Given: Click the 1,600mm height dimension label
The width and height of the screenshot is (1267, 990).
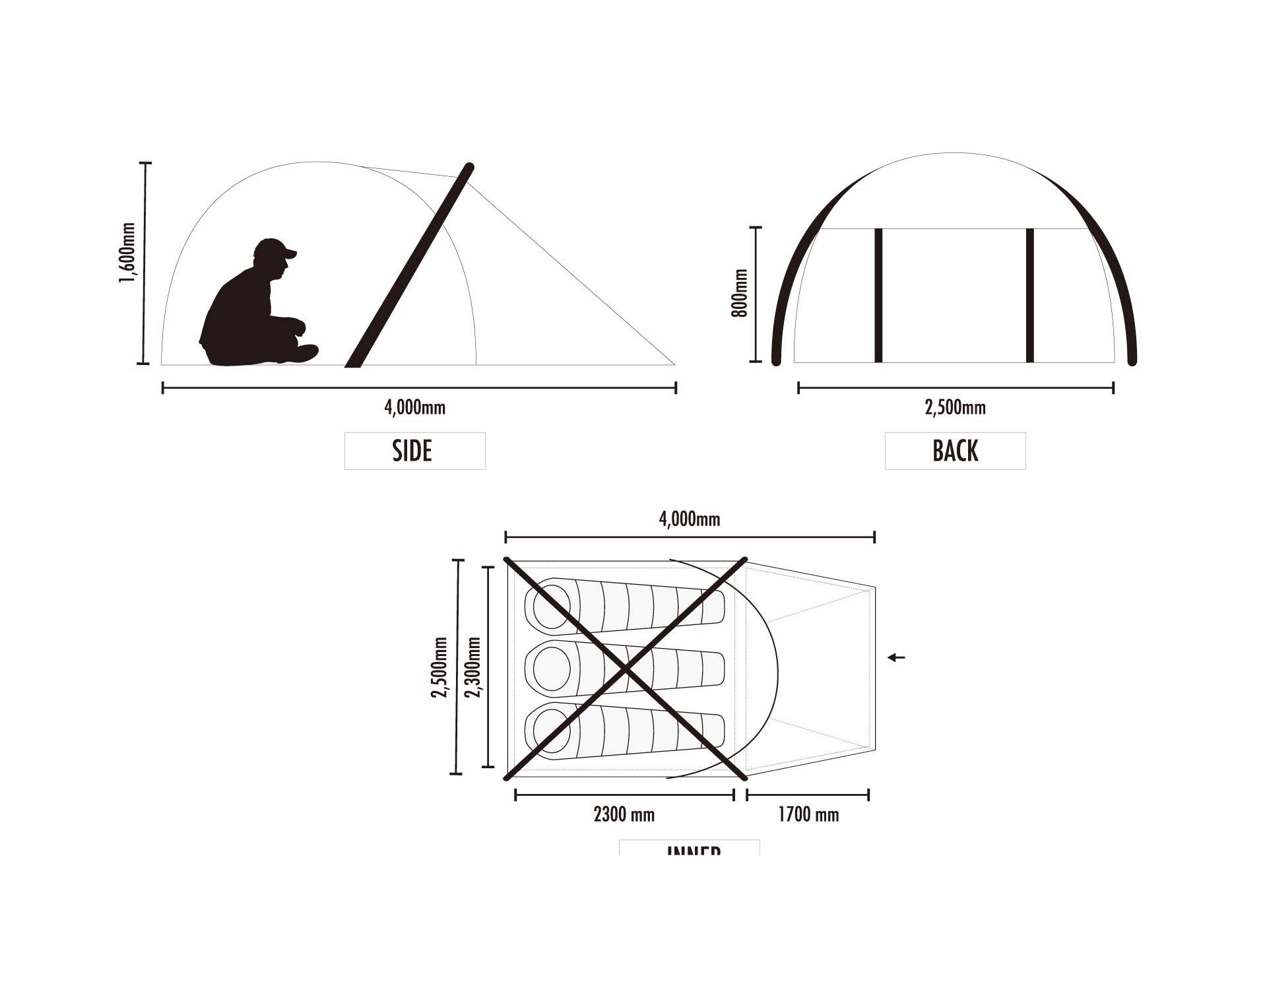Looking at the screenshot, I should [x=127, y=252].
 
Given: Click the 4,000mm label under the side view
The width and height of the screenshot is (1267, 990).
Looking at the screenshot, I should [x=414, y=408].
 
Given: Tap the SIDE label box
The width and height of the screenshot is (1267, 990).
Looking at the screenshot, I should [x=414, y=451].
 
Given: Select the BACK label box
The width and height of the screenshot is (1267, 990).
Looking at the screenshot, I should [x=955, y=451].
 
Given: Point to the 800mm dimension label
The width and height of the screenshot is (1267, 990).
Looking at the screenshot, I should [x=740, y=294].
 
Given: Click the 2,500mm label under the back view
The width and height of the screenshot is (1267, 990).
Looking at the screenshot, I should [x=955, y=408].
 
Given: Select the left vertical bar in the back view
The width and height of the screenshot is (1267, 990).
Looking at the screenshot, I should [x=878, y=295].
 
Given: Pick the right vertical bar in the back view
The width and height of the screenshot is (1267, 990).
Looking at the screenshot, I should [x=1030, y=295].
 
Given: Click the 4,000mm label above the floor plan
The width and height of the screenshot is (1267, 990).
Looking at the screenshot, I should [x=689, y=519].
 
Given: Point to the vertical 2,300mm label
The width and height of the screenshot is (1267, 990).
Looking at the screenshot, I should [x=472, y=667].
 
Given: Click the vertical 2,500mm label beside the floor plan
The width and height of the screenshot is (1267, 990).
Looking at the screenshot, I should [x=439, y=667].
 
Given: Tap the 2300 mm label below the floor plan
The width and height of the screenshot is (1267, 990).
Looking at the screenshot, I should [x=624, y=814].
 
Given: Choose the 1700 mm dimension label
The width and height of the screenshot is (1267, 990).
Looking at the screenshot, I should [x=808, y=814].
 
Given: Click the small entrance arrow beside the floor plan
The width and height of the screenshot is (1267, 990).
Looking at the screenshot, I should [x=896, y=657].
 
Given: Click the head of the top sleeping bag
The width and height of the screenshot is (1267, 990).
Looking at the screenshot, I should [x=551, y=604].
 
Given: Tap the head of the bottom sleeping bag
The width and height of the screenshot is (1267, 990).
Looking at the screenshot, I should [x=551, y=729].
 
